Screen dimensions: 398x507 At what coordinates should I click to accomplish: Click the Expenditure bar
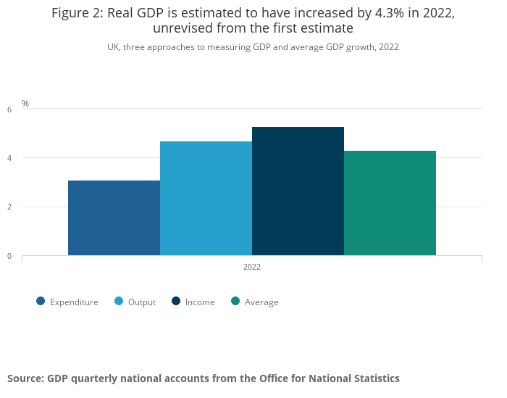point(114,217)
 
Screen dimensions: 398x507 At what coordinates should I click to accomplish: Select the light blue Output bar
point(206,198)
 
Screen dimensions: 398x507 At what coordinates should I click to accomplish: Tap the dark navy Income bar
point(298,191)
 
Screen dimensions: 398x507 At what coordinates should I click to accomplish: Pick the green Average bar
point(390,203)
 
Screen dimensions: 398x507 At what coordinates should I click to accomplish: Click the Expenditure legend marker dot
point(41,302)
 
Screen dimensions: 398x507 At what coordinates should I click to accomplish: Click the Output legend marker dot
point(119,302)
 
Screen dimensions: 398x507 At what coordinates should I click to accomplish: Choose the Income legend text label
point(200,302)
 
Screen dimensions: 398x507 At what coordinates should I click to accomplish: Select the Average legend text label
point(261,302)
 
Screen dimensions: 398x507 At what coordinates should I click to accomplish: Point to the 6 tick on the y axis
point(9,109)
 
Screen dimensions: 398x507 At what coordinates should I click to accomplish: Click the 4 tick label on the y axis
point(9,158)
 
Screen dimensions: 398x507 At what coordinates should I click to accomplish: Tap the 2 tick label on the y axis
point(9,207)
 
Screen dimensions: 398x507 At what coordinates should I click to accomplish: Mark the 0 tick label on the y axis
point(9,256)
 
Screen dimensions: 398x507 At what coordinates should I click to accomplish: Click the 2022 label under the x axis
point(252,267)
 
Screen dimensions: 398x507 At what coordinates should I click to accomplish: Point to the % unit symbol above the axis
point(25,104)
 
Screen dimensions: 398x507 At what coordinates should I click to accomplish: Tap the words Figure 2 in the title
point(76,13)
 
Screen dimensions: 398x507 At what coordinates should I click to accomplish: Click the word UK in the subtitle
point(113,47)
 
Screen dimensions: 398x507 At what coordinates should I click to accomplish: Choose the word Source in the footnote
point(25,378)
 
